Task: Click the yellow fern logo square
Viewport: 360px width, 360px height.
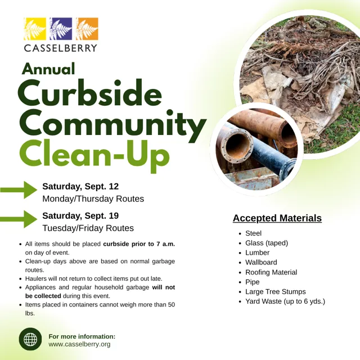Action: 35,29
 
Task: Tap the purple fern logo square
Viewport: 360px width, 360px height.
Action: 61,29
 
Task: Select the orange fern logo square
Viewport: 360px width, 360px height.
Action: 87,29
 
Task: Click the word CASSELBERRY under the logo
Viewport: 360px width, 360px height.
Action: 61,48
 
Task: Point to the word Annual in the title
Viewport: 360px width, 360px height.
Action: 48,69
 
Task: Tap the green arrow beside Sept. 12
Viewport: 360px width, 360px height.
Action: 19,190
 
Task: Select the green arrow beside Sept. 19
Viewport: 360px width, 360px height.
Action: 19,219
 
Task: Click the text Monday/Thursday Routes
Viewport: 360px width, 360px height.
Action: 93,199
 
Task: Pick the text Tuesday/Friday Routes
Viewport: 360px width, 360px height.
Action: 88,228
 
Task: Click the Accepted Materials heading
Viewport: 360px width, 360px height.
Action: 277,218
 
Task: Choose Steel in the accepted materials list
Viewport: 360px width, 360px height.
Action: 253,233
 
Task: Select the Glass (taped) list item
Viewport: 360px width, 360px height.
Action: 267,243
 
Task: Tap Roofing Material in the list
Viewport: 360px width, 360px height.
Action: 271,272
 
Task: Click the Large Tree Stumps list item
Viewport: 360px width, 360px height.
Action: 276,291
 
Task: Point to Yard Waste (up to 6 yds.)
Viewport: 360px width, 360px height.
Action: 285,301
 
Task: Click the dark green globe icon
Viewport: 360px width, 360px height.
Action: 30,339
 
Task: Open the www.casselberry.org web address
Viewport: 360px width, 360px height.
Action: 79,344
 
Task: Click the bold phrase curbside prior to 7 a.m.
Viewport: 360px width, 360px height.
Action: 139,244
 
